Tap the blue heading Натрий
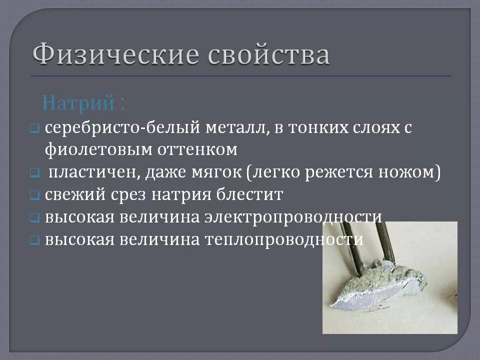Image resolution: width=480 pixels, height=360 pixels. pyautogui.click(x=79, y=103)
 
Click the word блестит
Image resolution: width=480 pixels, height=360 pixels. pyautogui.click(x=251, y=194)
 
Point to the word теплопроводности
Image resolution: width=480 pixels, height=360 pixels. pyautogui.click(x=283, y=239)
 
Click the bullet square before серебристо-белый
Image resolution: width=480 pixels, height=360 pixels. pyautogui.click(x=33, y=128)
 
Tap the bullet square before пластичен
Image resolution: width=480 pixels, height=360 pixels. pyautogui.click(x=33, y=173)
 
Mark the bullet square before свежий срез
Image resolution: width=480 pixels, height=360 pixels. pyautogui.click(x=33, y=195)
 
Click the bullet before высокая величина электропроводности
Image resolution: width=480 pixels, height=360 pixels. pyautogui.click(x=33, y=217)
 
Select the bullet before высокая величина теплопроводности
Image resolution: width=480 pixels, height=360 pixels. pyautogui.click(x=33, y=240)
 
